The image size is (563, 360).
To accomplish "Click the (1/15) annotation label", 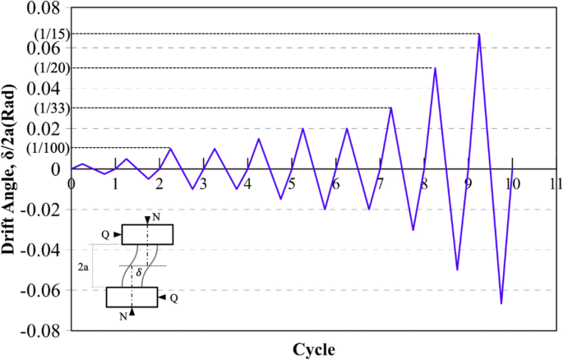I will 52,34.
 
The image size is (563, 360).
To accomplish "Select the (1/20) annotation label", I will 52,67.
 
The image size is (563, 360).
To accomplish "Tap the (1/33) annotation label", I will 52,108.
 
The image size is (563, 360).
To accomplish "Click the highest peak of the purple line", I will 478,34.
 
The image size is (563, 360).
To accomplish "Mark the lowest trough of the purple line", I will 501,304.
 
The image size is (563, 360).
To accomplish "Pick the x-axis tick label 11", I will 556,183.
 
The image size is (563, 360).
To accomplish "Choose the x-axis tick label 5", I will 291,183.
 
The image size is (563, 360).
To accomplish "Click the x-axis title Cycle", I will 313,349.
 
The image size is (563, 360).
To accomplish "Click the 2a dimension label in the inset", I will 85,267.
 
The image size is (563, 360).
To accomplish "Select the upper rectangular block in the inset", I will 147,234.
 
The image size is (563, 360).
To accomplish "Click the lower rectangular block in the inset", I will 132,297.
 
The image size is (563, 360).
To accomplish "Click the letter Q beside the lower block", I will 173,298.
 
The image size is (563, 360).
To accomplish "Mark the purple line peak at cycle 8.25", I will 435,67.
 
